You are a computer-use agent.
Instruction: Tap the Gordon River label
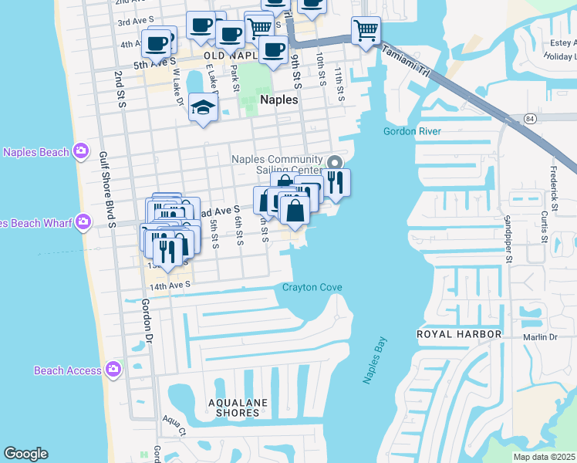[412, 131]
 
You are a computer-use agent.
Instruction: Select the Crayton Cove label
[312, 288]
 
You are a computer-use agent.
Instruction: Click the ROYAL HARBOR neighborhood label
[459, 334]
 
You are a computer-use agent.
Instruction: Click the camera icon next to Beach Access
[114, 370]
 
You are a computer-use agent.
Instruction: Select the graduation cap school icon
[201, 108]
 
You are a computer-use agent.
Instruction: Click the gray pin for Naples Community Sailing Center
[334, 163]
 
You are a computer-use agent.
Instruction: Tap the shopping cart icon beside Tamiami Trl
[365, 31]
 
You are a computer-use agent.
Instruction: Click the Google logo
[25, 454]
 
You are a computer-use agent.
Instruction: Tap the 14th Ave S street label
[169, 285]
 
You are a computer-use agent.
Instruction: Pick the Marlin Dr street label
[540, 336]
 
